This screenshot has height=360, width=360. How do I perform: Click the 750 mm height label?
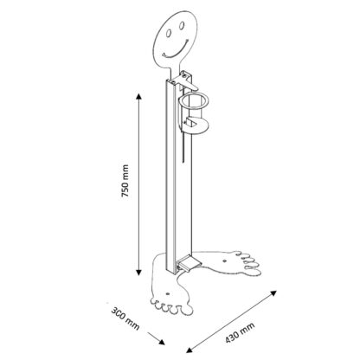(125, 181)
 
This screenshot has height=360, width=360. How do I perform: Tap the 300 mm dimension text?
(125, 319)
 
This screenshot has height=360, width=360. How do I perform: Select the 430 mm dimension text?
(240, 332)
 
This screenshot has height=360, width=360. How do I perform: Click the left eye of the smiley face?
(168, 34)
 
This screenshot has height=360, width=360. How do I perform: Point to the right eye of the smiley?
(182, 26)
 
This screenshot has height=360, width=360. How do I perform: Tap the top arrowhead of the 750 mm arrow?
(139, 96)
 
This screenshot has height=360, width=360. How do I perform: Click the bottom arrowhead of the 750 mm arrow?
(139, 272)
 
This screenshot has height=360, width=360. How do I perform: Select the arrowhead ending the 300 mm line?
(162, 342)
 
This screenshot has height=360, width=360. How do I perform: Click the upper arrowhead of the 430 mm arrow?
(273, 293)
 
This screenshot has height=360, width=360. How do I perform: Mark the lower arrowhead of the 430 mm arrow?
(189, 350)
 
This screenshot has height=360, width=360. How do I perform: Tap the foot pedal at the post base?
(187, 262)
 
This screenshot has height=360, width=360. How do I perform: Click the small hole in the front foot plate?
(168, 294)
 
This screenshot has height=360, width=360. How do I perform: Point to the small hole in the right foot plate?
(225, 260)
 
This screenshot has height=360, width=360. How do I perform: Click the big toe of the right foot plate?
(254, 273)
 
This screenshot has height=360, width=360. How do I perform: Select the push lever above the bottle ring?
(187, 83)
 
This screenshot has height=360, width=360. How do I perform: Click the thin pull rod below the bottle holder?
(183, 146)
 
